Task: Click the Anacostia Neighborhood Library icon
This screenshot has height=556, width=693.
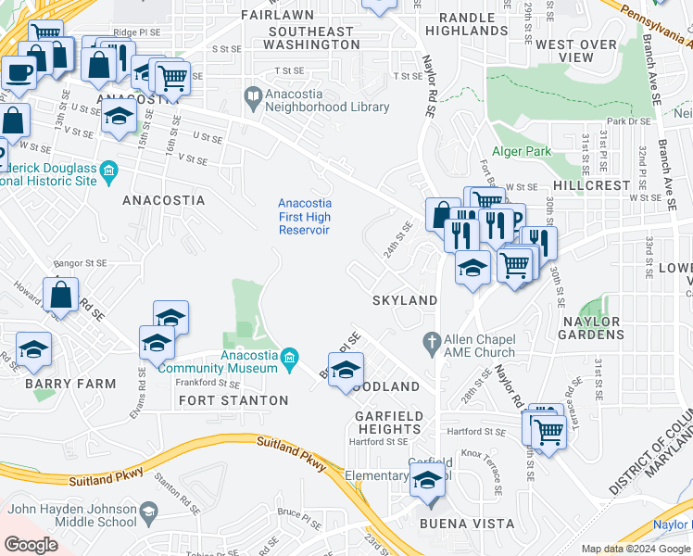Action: (x=253, y=95)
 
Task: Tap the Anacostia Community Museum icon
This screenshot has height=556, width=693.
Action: (x=289, y=357)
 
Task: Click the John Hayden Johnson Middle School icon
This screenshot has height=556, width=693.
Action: (x=146, y=512)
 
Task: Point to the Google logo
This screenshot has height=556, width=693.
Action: (x=31, y=545)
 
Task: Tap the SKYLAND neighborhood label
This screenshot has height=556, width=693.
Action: (x=405, y=300)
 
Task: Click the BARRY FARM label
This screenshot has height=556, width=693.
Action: (x=57, y=384)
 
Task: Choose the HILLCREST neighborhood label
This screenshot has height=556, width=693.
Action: (x=592, y=185)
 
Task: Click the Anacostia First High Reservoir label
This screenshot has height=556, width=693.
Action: (x=305, y=216)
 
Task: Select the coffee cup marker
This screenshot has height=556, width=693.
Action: (x=19, y=72)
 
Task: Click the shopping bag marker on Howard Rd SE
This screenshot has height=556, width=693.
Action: (x=60, y=295)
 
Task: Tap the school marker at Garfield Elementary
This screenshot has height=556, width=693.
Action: (x=427, y=481)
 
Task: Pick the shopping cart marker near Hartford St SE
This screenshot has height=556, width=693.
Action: (x=548, y=430)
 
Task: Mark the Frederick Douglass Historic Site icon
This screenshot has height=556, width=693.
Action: (x=108, y=171)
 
